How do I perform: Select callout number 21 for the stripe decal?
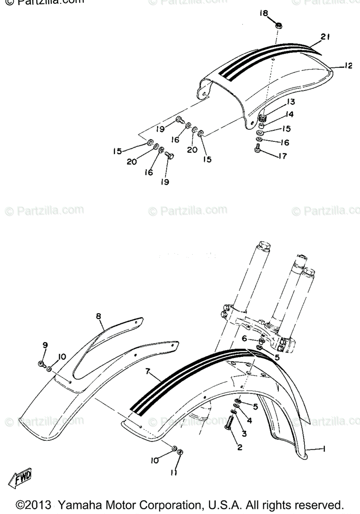324,37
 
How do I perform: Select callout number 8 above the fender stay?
98,317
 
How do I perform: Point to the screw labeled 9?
42,364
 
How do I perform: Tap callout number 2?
240,448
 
